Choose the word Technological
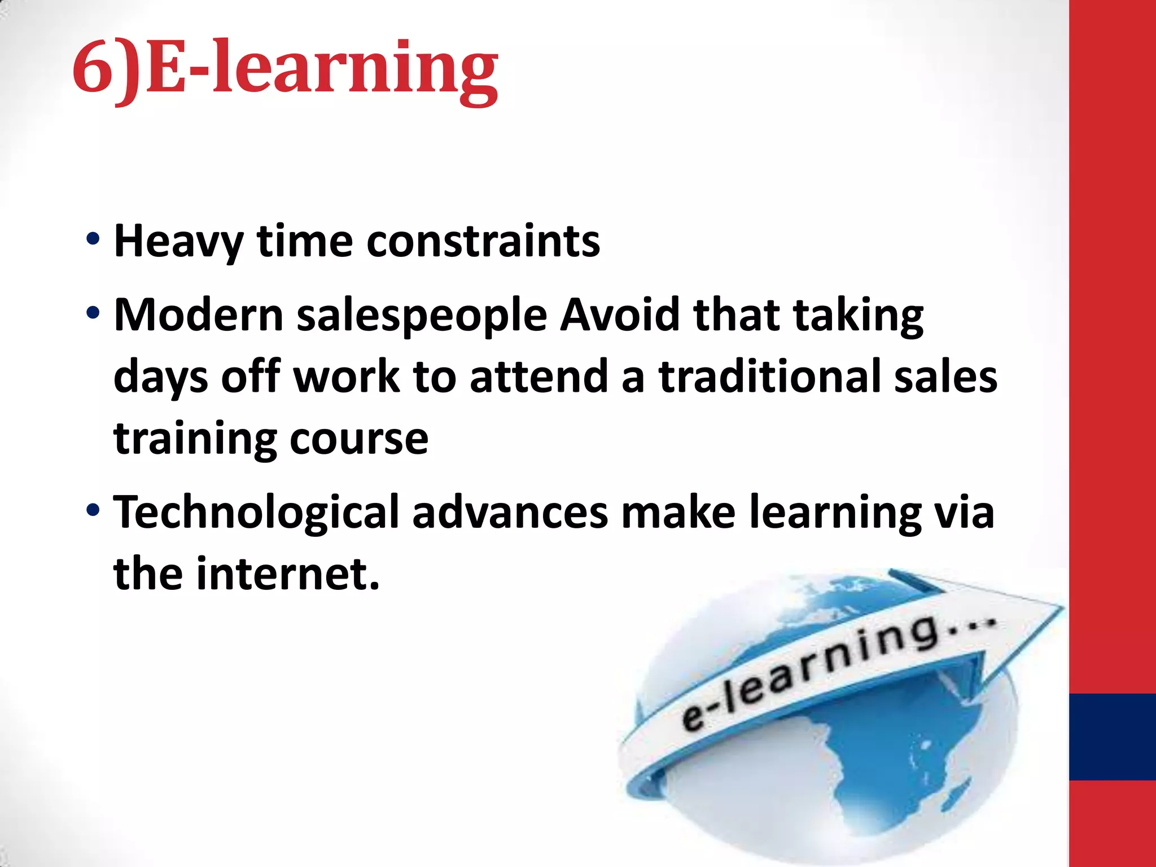tap(256, 513)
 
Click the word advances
tap(510, 513)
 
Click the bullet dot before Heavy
tap(93, 239)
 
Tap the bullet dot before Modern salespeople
tap(93, 313)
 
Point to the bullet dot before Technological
tap(93, 510)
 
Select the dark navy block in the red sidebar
tap(1112, 737)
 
